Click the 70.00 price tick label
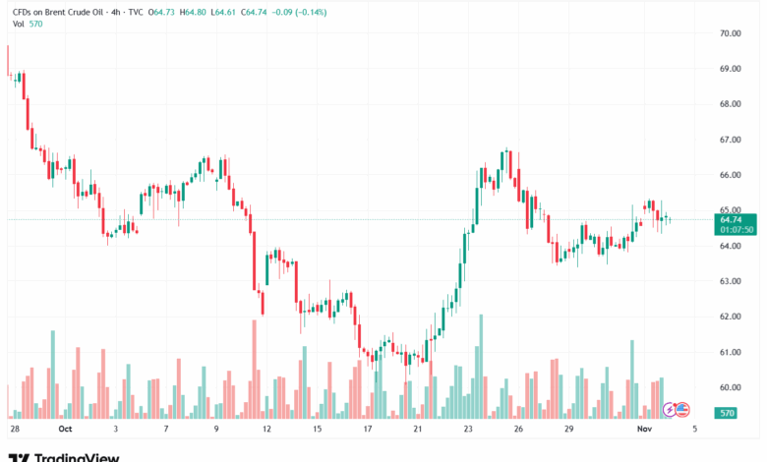point(730,33)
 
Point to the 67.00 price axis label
point(730,140)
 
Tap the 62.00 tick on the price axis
point(730,317)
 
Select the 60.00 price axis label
point(730,387)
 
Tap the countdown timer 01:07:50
point(737,230)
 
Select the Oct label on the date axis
point(65,430)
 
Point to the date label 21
point(418,430)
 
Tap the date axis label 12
point(265,430)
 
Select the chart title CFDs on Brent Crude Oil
point(64,12)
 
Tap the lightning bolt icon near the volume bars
point(670,409)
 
